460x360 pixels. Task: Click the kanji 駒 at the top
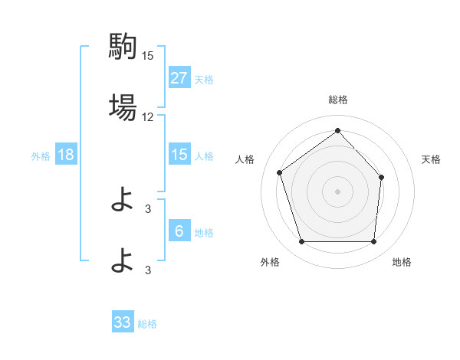pos(123,47)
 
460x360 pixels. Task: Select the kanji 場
pos(123,107)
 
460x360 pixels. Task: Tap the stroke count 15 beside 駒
pos(148,56)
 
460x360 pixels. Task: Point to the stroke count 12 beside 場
pos(148,117)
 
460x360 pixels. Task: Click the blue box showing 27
pos(179,78)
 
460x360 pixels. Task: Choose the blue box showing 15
pos(179,155)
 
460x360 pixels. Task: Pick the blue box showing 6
pos(179,231)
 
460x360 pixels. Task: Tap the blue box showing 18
pos(66,155)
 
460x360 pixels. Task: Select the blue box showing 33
pos(123,322)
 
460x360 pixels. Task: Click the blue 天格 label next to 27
pos(204,79)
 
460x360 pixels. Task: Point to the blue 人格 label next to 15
pos(204,155)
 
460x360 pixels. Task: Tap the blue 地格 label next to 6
pos(204,232)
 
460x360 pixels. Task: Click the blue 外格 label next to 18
pos(41,155)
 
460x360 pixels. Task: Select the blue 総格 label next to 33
pos(147,323)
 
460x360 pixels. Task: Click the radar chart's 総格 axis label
pos(337,100)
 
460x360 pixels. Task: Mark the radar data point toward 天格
pos(382,177)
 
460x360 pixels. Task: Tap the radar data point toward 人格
pos(280,172)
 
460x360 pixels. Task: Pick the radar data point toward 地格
pos(373,242)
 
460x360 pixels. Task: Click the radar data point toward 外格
pos(301,242)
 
